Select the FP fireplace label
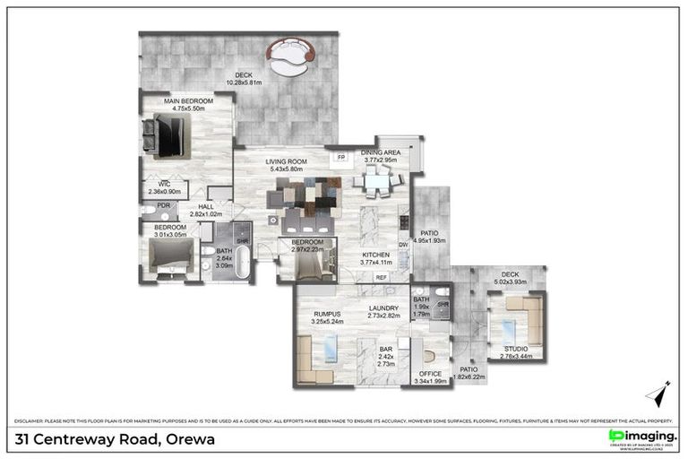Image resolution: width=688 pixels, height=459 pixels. tap(340, 158)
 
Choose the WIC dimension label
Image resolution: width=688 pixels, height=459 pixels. tap(163, 186)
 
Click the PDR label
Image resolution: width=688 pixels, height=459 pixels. tap(163, 205)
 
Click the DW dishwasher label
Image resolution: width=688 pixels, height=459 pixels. tap(403, 244)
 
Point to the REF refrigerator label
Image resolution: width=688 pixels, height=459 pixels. tap(381, 278)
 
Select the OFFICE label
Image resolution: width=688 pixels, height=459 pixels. tap(432, 375)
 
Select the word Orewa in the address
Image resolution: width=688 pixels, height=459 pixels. tap(189, 439)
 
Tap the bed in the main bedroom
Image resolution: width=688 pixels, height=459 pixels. tap(166, 135)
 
